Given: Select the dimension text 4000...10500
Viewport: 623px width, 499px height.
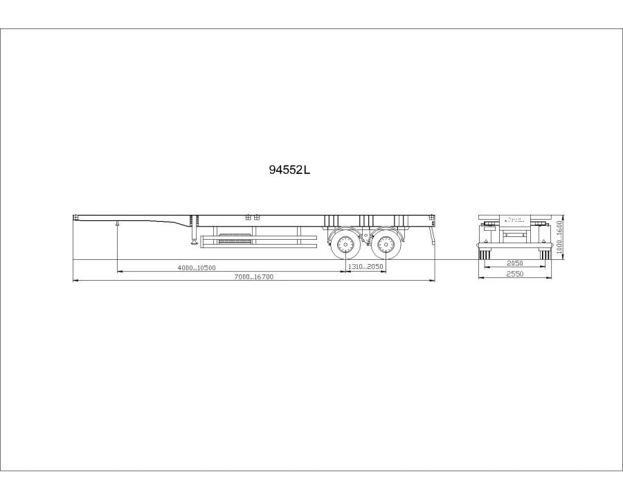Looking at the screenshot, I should point(197,268).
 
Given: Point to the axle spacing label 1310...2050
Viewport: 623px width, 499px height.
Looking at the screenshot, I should point(365,268).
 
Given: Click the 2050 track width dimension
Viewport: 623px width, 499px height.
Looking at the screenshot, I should point(514,263).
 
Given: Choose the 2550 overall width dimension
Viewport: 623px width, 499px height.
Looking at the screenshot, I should point(514,274).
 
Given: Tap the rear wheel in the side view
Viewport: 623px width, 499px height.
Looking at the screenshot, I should point(384,245).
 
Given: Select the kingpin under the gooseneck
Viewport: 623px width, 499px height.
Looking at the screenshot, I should point(118,224).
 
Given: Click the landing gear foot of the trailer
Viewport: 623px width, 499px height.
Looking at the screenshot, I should point(193,241).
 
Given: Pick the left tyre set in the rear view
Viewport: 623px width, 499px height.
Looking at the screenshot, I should point(485,256).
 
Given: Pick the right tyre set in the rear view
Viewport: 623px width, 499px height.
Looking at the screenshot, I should point(545,256).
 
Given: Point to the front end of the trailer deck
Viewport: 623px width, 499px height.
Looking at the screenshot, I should point(75,218).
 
